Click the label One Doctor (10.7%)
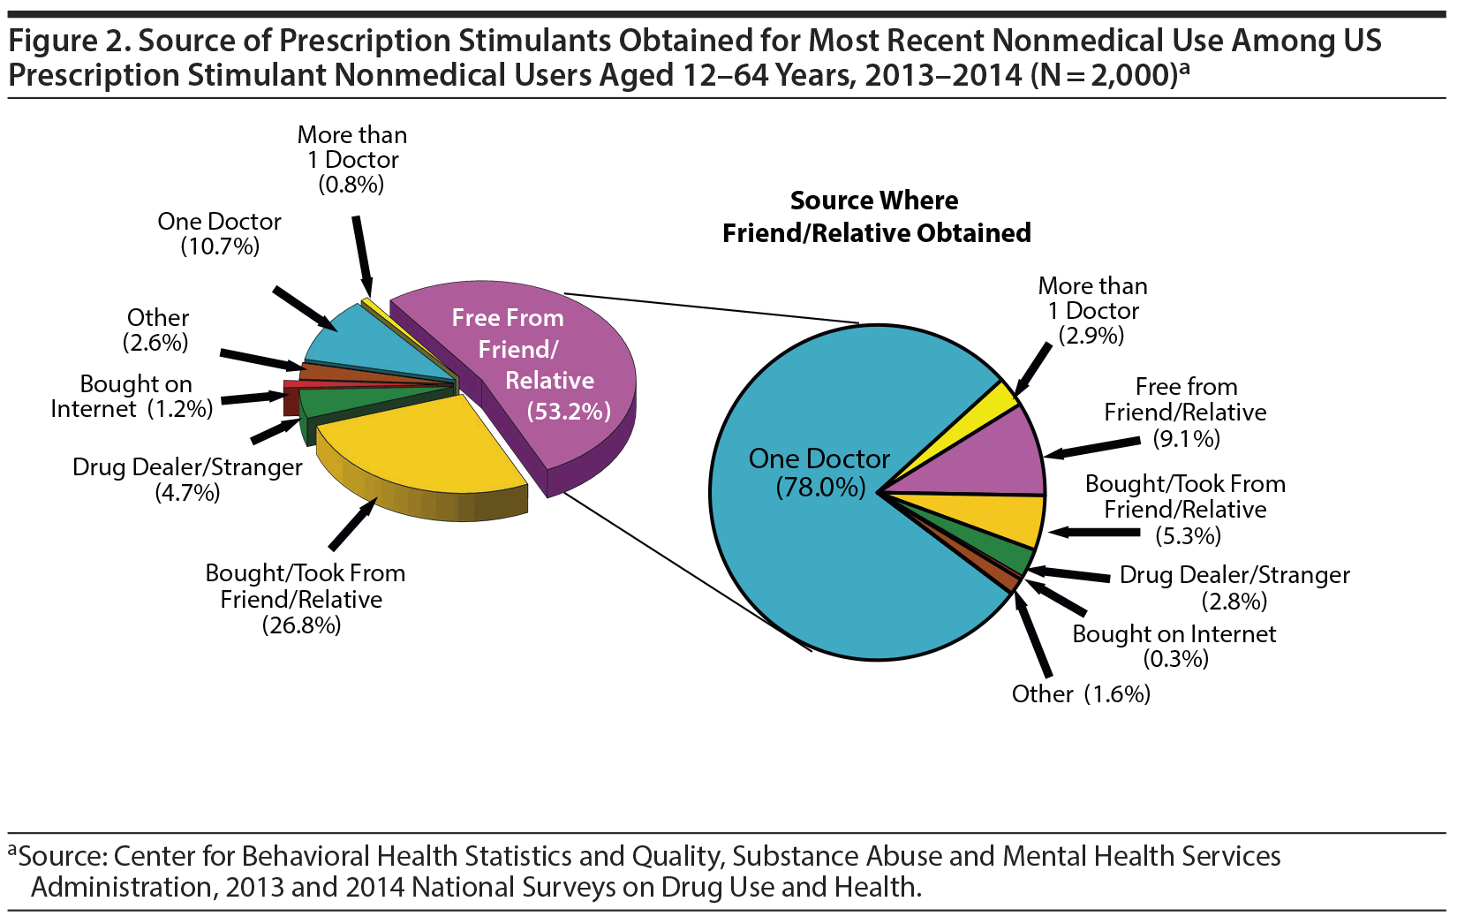pos(219,233)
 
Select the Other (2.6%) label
pos(157,329)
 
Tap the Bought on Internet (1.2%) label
pos(132,397)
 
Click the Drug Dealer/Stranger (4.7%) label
pos(187,479)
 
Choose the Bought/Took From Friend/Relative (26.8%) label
pos(304,598)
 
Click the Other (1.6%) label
pos(1081,693)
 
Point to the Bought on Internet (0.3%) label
pos(1174,646)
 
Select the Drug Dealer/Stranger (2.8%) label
pos(1234,587)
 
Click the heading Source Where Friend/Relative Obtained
pos(876,216)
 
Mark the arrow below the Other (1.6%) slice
pos(1032,636)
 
